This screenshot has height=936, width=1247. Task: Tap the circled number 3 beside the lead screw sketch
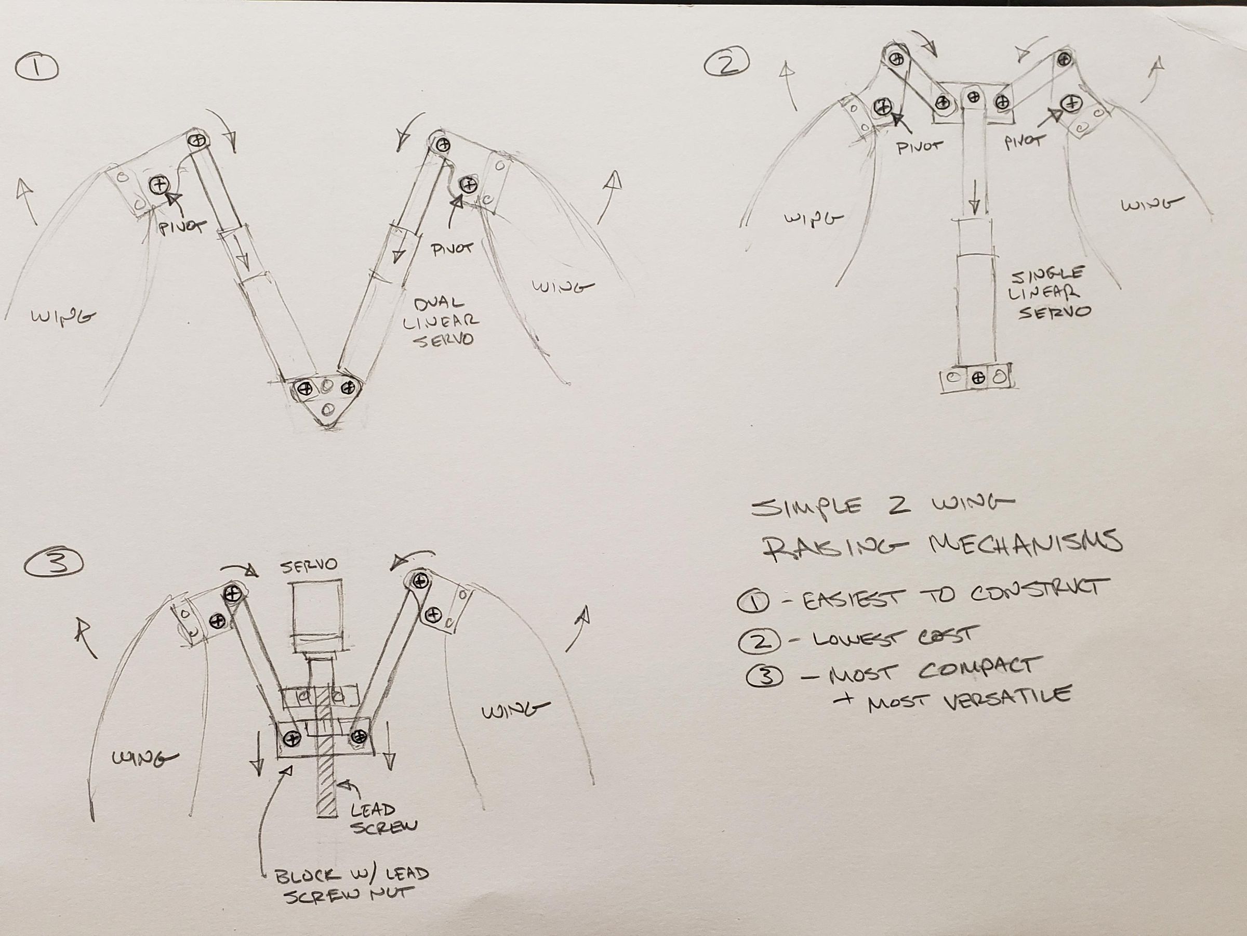coord(54,564)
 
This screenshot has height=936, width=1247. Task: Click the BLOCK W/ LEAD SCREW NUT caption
coord(351,884)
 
